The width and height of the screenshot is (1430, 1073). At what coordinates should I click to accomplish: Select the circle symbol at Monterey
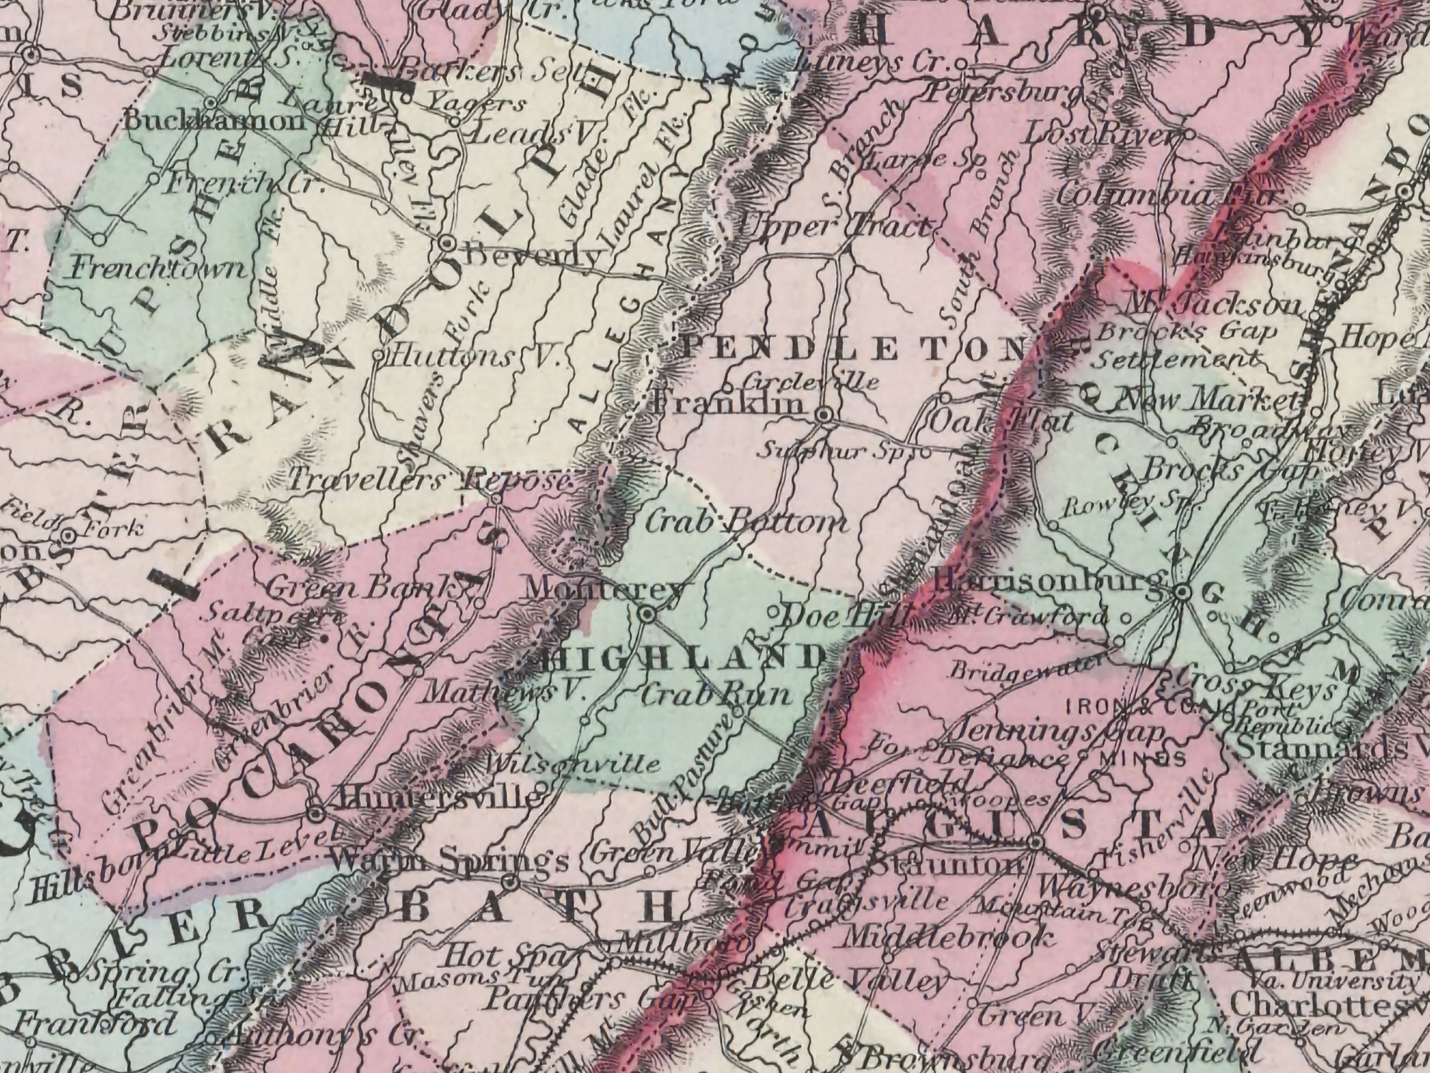(x=648, y=614)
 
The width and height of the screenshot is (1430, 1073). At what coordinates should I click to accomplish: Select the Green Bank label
(x=363, y=587)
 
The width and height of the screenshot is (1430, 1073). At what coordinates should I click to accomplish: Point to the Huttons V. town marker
(x=380, y=354)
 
